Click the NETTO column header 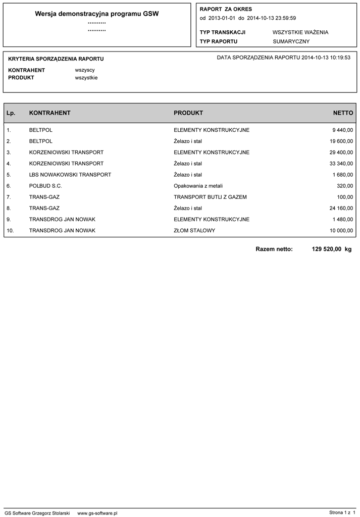(343, 113)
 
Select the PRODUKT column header (188, 113)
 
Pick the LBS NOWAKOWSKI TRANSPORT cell (70, 175)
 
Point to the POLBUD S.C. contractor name (46, 186)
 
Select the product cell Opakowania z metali (198, 186)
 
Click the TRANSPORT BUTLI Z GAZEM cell (210, 197)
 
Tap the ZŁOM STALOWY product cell (194, 230)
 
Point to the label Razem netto (274, 249)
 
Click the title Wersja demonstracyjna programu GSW (97, 14)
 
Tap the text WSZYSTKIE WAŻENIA (300, 32)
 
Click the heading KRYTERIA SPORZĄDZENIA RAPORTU (56, 59)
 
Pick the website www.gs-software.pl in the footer (97, 513)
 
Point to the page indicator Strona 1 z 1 (342, 513)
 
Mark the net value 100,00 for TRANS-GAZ (345, 197)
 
